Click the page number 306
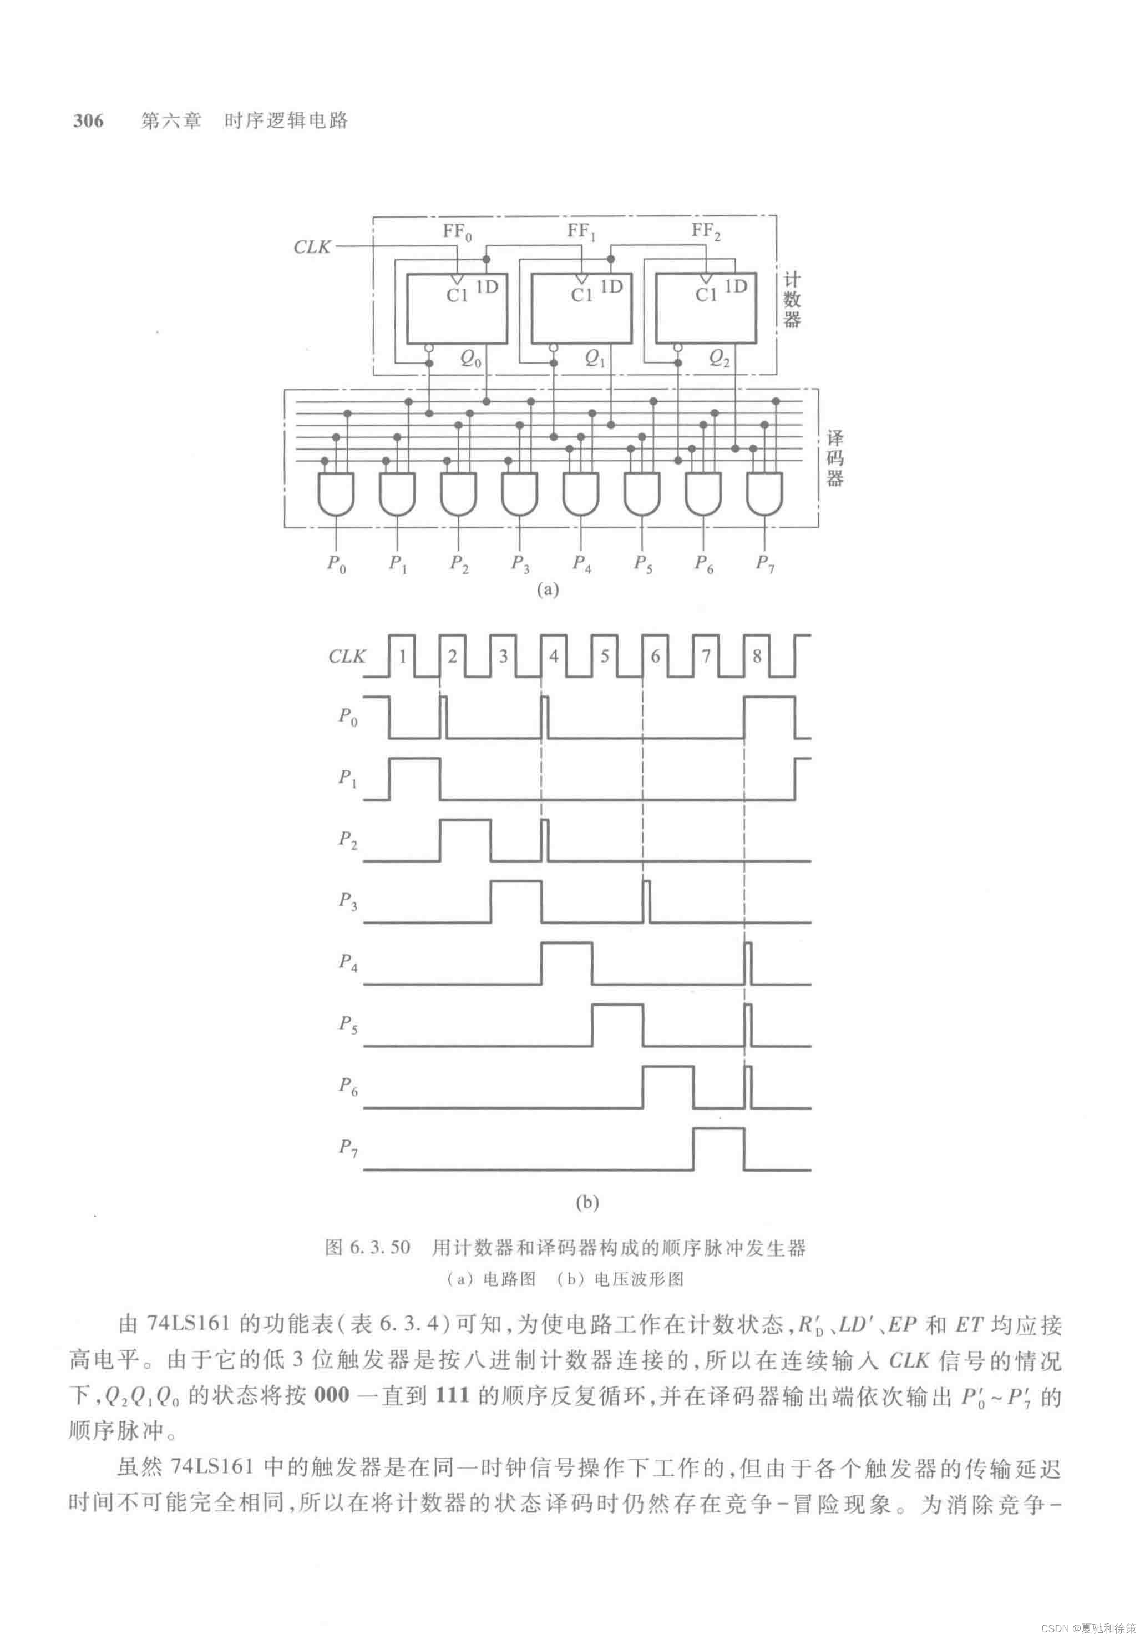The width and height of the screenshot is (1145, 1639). tap(88, 120)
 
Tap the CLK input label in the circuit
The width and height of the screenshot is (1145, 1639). tap(312, 247)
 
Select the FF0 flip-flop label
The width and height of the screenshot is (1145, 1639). tap(457, 231)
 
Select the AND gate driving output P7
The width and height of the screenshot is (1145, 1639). tap(765, 493)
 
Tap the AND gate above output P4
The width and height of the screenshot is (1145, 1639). tap(581, 493)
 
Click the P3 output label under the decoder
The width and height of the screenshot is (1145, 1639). tap(520, 563)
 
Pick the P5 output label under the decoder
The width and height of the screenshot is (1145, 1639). tap(643, 563)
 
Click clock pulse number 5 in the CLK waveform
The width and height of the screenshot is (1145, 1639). tap(604, 656)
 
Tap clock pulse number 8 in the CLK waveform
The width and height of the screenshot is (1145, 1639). tap(757, 656)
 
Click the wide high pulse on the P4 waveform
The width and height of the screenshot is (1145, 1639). tap(566, 963)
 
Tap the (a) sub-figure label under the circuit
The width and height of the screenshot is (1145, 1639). tap(547, 589)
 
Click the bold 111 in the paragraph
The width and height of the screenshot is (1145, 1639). tap(452, 1395)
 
